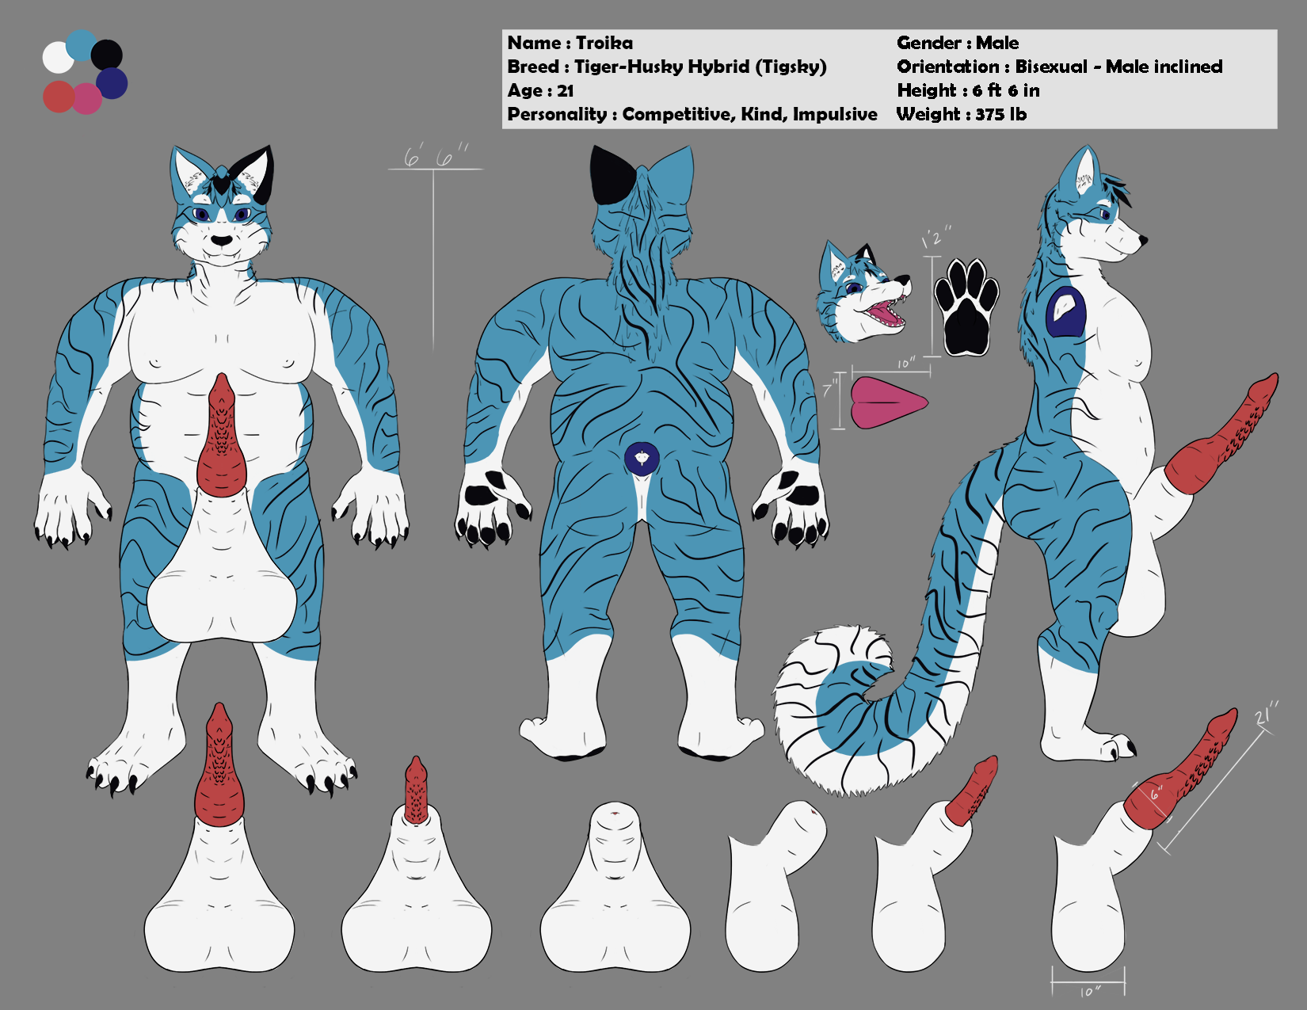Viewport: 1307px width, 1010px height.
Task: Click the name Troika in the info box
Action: click(x=604, y=43)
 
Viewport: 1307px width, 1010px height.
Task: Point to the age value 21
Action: click(x=565, y=91)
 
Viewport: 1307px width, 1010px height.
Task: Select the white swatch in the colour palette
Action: click(x=57, y=58)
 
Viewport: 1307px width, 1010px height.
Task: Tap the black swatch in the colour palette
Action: click(x=108, y=55)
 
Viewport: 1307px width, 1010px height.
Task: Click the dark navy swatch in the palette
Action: click(x=112, y=83)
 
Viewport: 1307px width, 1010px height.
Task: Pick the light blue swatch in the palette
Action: click(x=81, y=45)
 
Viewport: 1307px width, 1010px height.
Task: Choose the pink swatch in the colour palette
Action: click(x=86, y=99)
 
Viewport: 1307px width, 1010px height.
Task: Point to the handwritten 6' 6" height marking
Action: click(x=436, y=157)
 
